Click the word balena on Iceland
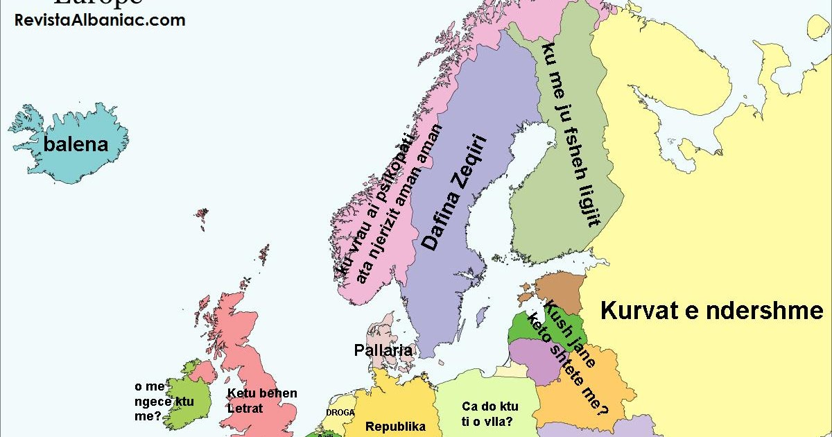coord(76,144)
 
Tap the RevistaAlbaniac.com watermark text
coord(100,20)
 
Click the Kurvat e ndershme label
coord(712,310)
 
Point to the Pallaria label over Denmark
coord(383,350)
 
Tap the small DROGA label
coord(340,412)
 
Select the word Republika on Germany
coord(395,427)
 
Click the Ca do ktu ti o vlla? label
coord(489,414)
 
